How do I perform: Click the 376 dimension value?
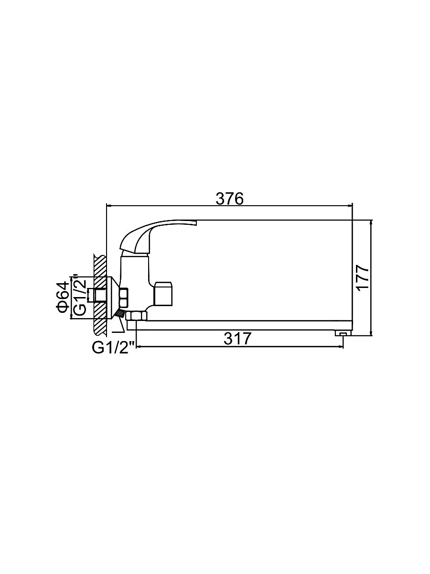(x=229, y=199)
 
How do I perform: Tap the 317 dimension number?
(x=237, y=339)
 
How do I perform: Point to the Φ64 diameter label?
(x=63, y=298)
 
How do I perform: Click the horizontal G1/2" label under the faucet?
(x=113, y=348)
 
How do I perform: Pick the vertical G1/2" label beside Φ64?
(x=79, y=295)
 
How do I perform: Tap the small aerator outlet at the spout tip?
(x=343, y=334)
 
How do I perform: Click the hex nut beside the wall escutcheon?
(x=123, y=298)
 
